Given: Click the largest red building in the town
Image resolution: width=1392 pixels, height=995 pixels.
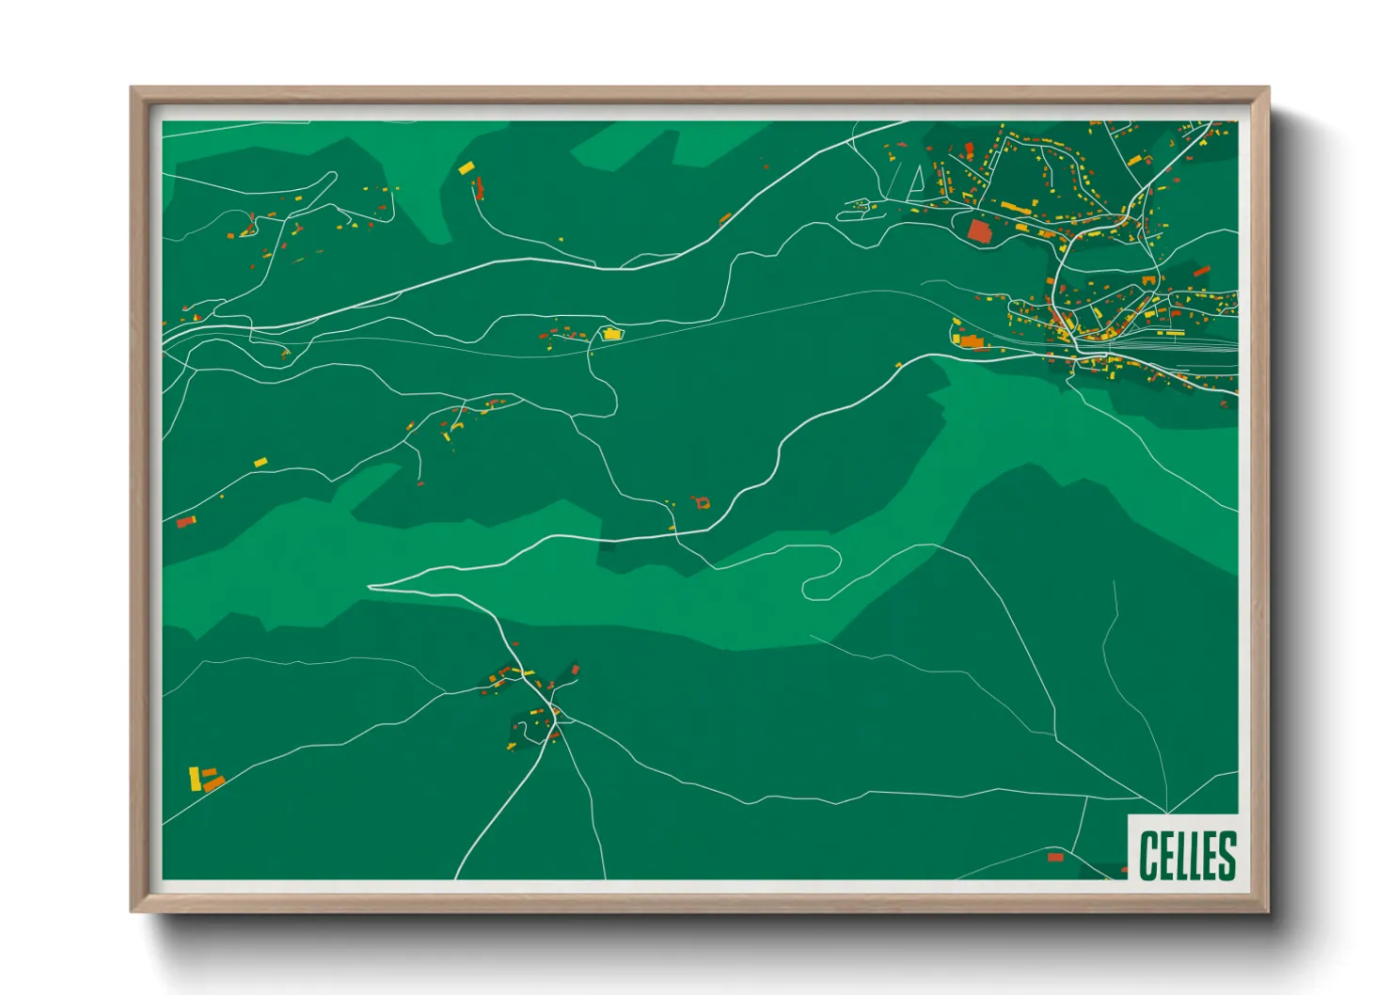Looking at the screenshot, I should tap(979, 230).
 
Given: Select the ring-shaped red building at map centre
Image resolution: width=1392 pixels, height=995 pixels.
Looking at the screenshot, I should tap(702, 503).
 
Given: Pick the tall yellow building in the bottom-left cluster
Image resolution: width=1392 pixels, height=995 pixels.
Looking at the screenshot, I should tap(195, 779).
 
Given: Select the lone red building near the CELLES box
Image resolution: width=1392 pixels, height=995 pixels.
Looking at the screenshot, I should tap(1055, 857).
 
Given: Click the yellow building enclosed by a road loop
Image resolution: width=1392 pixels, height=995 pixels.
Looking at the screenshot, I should tap(611, 333).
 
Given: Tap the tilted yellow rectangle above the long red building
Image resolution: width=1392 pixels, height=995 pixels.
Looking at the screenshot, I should tap(466, 168).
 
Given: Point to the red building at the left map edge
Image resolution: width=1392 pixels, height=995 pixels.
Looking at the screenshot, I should tap(185, 521).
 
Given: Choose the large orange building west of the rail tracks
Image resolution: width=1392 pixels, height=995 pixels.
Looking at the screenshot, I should tap(971, 340).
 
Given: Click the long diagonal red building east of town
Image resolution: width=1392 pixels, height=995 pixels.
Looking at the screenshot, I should tap(1201, 271).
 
